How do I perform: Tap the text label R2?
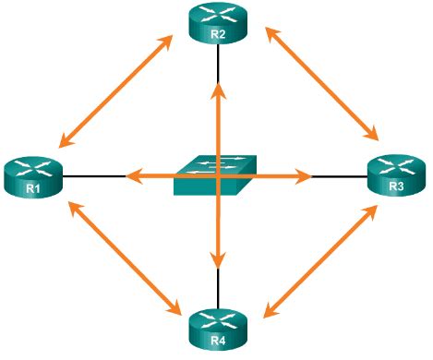[x=218, y=34]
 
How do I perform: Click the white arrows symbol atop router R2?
[x=218, y=16]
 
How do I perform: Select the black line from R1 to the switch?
[x=92, y=174]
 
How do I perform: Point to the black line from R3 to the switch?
[x=342, y=174]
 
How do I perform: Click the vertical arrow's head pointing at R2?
[x=218, y=89]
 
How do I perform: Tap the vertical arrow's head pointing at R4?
[x=218, y=259]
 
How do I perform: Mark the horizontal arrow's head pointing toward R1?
[x=131, y=174]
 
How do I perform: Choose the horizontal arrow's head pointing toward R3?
[x=304, y=174]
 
